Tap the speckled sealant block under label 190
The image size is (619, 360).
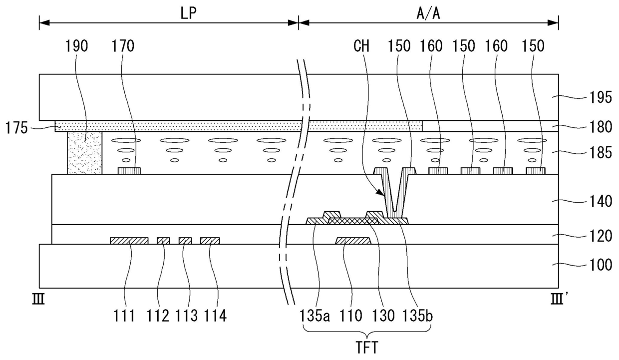tap(84, 153)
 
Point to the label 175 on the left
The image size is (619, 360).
tap(16, 128)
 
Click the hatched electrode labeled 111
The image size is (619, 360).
tap(129, 241)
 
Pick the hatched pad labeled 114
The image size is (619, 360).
tap(210, 241)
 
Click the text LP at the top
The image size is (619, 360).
tap(189, 14)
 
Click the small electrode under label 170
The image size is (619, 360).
tap(129, 171)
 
